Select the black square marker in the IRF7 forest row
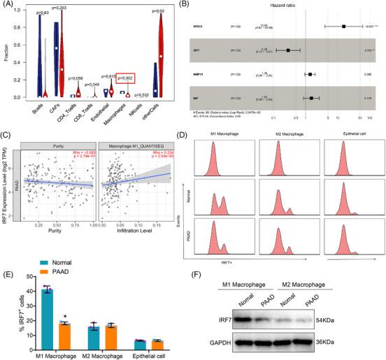click(287, 50)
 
